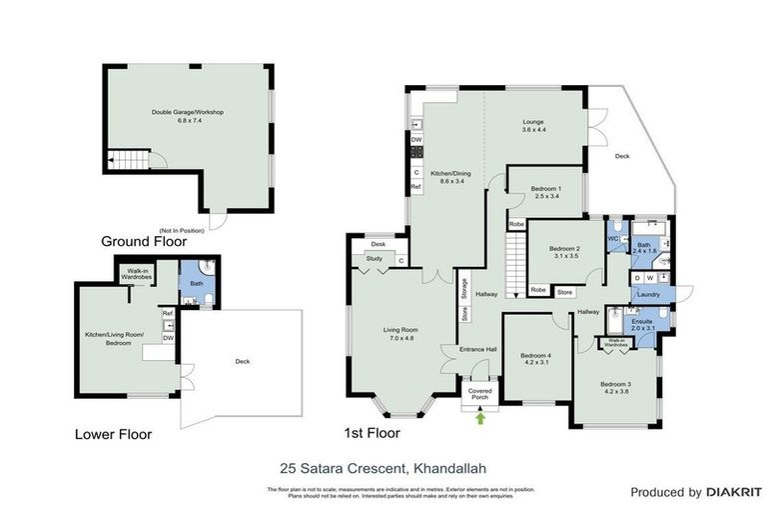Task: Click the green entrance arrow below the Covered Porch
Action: click(x=481, y=418)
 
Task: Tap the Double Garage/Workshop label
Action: click(x=187, y=112)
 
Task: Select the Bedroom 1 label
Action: click(x=545, y=189)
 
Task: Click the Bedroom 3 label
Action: click(x=615, y=384)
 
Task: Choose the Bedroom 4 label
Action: click(x=535, y=355)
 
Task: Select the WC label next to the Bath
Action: click(x=613, y=239)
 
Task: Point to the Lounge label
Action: click(x=533, y=123)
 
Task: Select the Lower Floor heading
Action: click(x=113, y=435)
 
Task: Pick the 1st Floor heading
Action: click(x=371, y=433)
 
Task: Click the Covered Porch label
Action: click(x=480, y=393)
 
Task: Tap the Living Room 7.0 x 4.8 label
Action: click(x=400, y=333)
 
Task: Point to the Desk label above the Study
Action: click(x=378, y=244)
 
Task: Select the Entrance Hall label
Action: click(x=478, y=349)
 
